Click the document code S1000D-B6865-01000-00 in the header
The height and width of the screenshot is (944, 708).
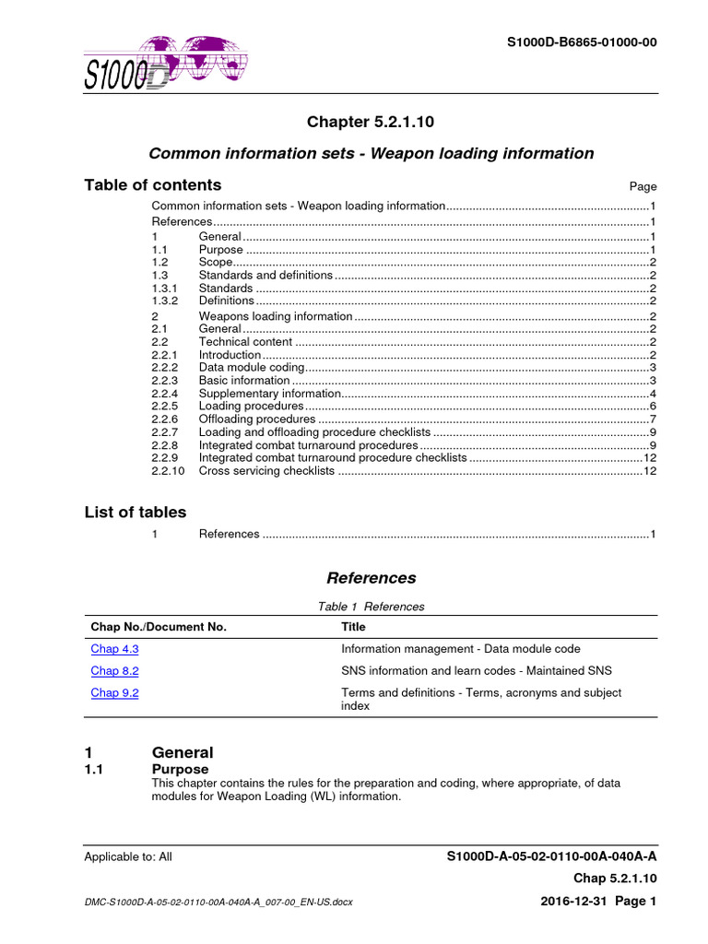tap(583, 42)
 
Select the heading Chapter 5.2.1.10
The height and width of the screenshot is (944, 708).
tap(371, 123)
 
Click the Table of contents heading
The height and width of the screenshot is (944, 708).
tap(153, 184)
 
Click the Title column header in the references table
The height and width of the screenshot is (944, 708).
tap(353, 627)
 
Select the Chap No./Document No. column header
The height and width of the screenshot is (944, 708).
tap(158, 627)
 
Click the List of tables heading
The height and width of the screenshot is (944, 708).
tap(136, 513)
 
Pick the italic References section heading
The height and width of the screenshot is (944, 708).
tap(371, 578)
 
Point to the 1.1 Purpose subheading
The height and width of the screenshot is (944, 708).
tap(180, 769)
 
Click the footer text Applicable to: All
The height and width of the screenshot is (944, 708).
tap(128, 856)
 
